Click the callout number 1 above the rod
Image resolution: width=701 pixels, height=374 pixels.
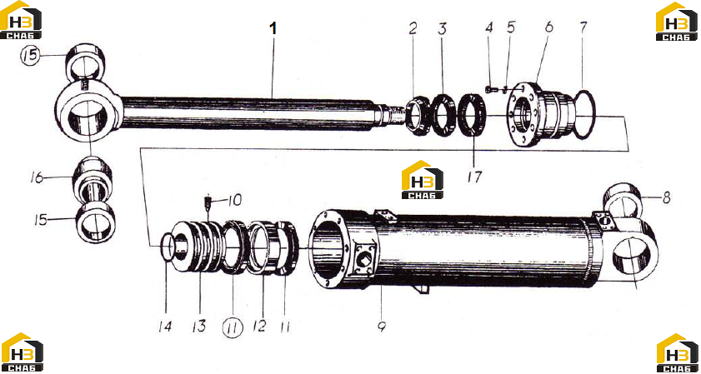(273, 28)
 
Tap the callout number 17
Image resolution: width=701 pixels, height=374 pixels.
(474, 177)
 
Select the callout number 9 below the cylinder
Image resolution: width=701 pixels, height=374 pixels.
(382, 327)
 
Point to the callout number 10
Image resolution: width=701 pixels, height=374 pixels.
(234, 200)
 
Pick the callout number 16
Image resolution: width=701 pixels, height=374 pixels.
(36, 178)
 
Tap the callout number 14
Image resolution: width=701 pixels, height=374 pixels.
(165, 327)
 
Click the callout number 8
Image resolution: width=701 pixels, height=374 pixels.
(667, 198)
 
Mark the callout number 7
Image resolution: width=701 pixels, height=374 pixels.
(583, 27)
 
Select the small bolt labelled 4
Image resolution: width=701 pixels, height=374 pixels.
(488, 89)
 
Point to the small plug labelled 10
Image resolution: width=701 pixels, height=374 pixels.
(208, 202)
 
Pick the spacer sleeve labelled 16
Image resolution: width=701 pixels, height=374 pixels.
(92, 180)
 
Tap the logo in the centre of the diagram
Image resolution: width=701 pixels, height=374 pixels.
(422, 179)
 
